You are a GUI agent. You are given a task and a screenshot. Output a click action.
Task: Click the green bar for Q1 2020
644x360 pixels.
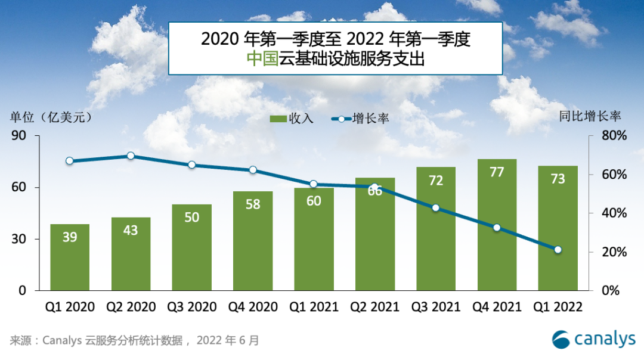(70, 257)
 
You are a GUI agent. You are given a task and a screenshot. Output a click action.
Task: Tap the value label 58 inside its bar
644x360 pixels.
(253, 204)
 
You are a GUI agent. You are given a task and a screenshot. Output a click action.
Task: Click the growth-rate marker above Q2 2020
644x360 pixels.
(131, 156)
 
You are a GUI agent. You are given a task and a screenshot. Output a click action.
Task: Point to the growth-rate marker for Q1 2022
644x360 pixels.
(558, 250)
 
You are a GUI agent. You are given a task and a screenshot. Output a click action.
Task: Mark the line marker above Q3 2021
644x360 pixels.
(435, 208)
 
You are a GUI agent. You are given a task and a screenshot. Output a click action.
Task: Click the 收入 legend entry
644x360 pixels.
(291, 119)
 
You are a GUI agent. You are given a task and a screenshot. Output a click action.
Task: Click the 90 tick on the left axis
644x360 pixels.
(18, 136)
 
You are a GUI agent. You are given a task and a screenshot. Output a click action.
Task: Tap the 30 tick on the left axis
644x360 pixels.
(18, 239)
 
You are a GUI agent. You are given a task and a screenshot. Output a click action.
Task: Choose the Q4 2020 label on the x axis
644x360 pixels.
(253, 307)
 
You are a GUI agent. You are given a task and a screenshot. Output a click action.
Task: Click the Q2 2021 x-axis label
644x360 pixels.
(374, 307)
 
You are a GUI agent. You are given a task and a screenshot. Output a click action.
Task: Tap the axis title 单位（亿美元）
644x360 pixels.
(51, 117)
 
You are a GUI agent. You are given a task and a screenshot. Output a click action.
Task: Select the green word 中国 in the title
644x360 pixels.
(262, 58)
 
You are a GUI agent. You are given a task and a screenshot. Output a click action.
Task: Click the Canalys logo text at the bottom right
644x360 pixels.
(604, 340)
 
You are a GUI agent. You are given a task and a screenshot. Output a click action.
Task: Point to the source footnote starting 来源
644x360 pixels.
(135, 341)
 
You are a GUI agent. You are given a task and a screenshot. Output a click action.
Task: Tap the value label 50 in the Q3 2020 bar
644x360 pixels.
(192, 218)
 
